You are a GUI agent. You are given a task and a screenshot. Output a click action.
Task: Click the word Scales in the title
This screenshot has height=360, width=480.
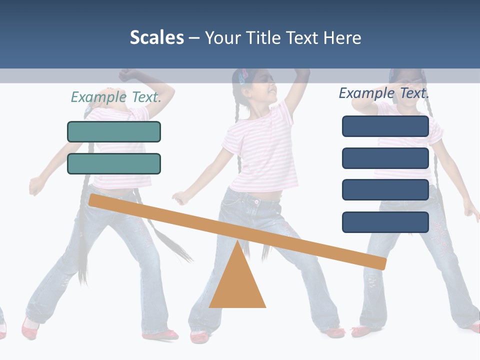pos(157,37)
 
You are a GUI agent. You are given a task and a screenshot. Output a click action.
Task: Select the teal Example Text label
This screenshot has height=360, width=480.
pos(116,97)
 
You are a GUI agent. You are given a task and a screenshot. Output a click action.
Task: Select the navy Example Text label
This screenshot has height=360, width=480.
pos(384,93)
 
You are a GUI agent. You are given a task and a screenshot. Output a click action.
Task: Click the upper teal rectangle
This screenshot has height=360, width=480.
pos(114,131)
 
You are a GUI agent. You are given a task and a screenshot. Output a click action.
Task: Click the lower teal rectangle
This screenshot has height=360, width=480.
pos(114,163)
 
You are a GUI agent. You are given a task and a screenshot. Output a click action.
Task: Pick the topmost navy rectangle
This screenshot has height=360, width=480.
pos(385,126)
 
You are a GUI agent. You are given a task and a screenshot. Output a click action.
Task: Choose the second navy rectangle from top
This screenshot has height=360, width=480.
pos(385,158)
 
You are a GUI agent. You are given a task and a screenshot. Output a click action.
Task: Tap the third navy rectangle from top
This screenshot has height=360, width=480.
pos(385,190)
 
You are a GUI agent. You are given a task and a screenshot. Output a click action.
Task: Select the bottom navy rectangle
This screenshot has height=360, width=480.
pos(385,222)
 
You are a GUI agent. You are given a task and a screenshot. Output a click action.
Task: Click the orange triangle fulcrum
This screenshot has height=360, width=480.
pos(237,285)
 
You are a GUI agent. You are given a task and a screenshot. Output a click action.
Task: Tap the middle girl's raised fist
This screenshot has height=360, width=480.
pos(302,72)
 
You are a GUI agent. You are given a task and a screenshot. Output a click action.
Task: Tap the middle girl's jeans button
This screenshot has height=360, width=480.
pos(256,202)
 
